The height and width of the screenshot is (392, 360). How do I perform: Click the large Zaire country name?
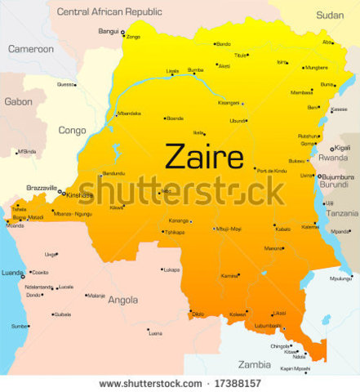(204, 155)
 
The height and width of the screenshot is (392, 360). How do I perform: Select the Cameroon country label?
(31, 49)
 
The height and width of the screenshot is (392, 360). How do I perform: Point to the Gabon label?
(18, 102)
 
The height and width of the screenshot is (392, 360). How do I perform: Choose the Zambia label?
(254, 364)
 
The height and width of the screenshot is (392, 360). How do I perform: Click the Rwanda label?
(332, 158)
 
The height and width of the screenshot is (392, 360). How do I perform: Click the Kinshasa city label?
(80, 195)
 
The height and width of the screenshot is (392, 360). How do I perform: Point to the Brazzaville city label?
(40, 188)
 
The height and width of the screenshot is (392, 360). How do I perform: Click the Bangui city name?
(109, 32)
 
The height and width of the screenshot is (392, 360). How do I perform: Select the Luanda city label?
(12, 273)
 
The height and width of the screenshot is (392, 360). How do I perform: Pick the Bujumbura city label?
(337, 176)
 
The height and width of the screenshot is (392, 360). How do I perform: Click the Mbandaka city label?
(129, 114)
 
